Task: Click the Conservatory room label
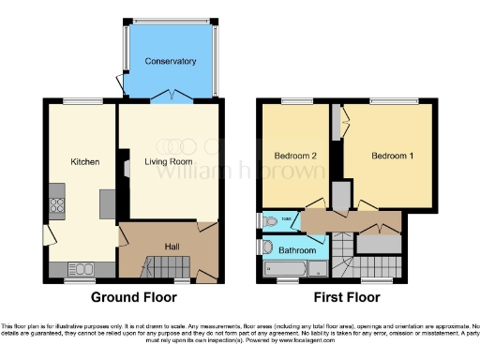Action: tap(170, 62)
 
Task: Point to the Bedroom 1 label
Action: tap(392, 156)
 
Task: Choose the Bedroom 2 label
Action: tap(294, 156)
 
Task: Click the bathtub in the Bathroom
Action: tap(291, 271)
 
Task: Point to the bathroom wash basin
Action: tap(266, 248)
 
